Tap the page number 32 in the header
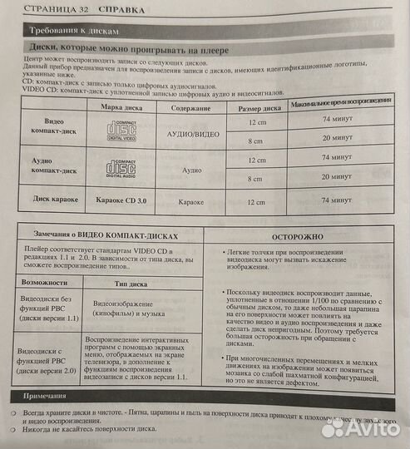(76, 11)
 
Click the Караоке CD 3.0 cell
(121, 200)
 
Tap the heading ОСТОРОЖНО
(304, 235)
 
